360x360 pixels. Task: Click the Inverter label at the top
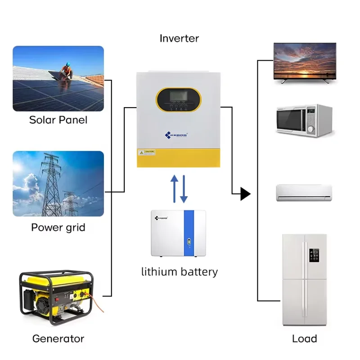click(x=179, y=38)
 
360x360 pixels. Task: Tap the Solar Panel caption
click(x=58, y=120)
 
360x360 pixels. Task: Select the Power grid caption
click(x=58, y=227)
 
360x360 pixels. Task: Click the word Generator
click(x=58, y=338)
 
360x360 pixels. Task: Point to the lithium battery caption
click(x=179, y=272)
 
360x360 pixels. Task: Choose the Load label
click(x=305, y=338)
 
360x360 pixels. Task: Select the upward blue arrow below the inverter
click(x=175, y=188)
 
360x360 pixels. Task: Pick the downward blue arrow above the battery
click(x=184, y=189)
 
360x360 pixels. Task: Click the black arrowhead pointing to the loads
click(x=245, y=194)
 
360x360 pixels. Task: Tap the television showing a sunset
click(x=305, y=61)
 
